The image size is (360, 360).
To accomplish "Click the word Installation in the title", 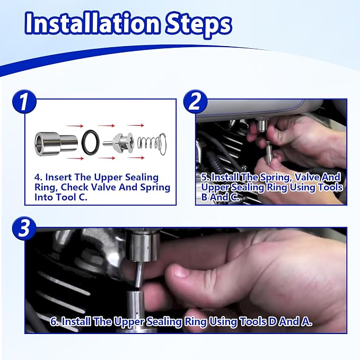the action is (92, 23).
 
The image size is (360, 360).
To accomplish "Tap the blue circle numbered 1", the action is (24, 102).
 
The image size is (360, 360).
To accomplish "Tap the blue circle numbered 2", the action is (196, 102).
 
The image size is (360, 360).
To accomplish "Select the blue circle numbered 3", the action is (24, 229).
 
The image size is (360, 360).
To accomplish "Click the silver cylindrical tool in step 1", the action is (56, 144).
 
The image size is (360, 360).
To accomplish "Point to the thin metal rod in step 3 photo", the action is (139, 275).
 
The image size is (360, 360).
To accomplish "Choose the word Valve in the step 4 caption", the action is (104, 187).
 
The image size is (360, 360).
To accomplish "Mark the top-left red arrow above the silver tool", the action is (75, 126).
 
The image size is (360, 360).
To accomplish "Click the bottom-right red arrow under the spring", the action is (136, 157).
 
